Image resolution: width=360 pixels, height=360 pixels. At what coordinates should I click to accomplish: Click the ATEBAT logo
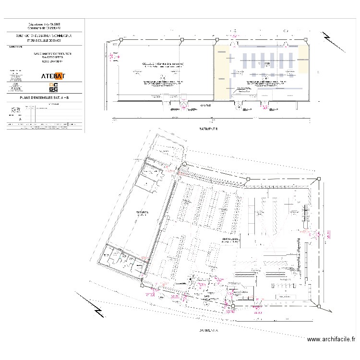coord(54,75)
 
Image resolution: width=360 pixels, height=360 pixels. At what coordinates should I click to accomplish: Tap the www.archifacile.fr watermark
coord(331,339)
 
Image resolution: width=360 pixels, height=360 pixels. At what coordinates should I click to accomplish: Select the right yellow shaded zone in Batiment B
coord(304,60)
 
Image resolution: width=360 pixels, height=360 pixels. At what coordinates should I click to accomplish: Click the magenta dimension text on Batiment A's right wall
coord(329,235)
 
